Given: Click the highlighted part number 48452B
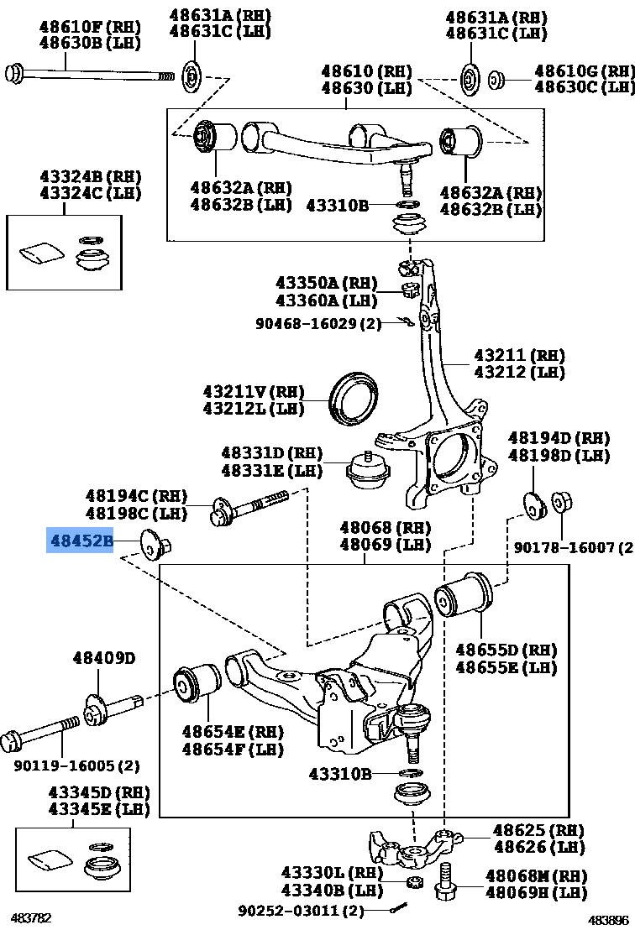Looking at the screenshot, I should tap(80, 541).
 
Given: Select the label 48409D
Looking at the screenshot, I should tap(103, 657).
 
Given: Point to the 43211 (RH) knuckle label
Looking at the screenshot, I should tap(518, 355).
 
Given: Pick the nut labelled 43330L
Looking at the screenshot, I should tap(413, 881).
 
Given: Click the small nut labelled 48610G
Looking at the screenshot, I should tap(496, 81).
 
